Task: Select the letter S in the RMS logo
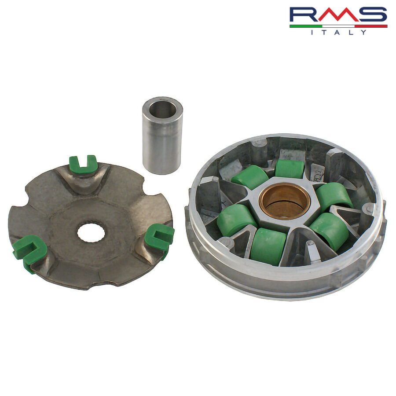tap(372, 15)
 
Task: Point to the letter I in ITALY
tap(312, 32)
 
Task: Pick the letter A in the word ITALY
tap(337, 32)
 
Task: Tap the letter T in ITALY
tap(325, 32)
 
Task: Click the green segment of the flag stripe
tap(306, 26)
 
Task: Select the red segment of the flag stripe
tap(371, 26)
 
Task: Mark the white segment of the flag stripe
tap(338, 26)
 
